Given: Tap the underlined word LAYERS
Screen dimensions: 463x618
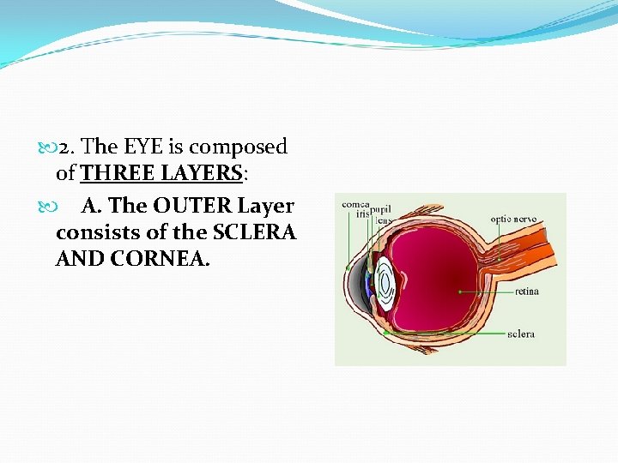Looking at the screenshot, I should [203, 173].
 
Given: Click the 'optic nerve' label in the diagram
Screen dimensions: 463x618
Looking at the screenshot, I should [514, 219].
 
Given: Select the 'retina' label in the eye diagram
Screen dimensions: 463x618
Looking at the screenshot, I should [526, 292].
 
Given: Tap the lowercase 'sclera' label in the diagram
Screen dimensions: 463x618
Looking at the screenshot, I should [520, 333].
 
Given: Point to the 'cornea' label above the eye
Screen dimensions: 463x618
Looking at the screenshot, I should [355, 204].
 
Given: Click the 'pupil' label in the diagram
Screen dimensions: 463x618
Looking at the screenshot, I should [381, 209].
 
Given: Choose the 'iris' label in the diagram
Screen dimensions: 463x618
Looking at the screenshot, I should [362, 214].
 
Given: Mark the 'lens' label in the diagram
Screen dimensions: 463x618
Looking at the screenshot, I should [383, 219].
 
